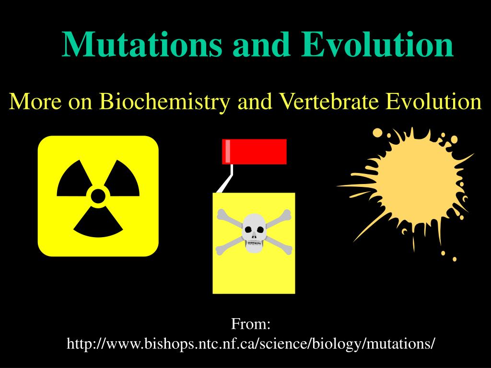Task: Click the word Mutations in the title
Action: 142,44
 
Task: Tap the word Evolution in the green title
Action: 377,44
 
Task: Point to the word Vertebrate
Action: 328,102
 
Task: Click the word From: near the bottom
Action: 251,323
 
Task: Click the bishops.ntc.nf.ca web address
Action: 251,344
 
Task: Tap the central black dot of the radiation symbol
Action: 98,196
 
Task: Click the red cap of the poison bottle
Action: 254,151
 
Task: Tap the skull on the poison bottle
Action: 254,232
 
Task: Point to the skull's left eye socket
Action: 248,230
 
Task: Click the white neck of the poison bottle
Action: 227,179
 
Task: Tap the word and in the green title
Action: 261,44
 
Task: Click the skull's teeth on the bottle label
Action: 254,242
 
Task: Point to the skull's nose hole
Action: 254,236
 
